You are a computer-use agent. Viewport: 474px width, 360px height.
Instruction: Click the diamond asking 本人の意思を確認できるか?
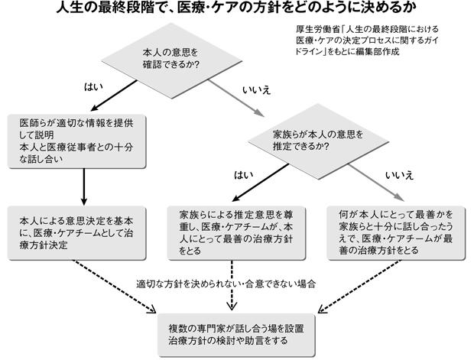click(x=172, y=60)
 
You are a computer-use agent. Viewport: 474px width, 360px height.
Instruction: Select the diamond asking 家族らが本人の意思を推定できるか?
click(x=318, y=141)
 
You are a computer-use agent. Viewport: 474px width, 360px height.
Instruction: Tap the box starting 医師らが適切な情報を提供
click(x=76, y=141)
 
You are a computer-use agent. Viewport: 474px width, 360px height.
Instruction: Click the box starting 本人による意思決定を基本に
click(x=76, y=233)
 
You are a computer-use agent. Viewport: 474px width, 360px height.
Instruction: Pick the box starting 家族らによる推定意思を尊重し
click(x=236, y=233)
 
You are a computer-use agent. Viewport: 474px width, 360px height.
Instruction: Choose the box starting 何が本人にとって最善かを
click(x=396, y=233)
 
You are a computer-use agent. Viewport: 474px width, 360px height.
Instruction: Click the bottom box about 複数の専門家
click(x=236, y=336)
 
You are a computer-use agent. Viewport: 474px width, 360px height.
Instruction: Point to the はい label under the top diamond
click(x=93, y=87)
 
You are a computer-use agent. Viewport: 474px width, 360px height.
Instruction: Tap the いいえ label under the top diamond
click(x=257, y=90)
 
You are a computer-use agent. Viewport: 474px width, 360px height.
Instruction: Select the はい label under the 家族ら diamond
click(x=244, y=175)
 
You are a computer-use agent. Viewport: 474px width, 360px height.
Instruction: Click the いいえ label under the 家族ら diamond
click(x=399, y=176)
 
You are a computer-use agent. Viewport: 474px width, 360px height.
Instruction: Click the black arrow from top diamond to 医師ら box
click(x=114, y=96)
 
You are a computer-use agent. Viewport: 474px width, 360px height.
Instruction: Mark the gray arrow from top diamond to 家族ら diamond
click(x=235, y=98)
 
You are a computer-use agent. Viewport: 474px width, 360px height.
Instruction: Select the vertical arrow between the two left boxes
click(x=84, y=186)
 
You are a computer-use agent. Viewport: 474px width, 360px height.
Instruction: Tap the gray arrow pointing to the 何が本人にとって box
click(x=376, y=183)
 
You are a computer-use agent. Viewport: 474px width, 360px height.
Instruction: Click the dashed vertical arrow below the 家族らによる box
click(x=232, y=285)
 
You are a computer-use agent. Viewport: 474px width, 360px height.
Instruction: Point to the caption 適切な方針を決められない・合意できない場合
click(x=226, y=284)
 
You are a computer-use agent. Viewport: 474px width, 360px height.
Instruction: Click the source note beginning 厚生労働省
click(x=367, y=41)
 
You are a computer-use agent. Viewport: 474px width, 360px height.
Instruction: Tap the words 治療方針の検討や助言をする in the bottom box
click(x=229, y=341)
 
